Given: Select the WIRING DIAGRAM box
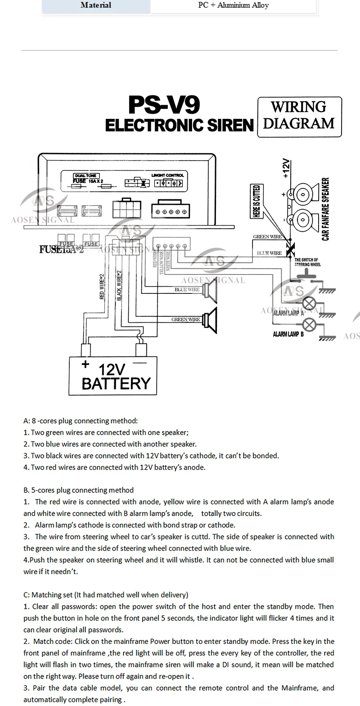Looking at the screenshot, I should [x=299, y=116].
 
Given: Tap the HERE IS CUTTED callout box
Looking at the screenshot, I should [x=256, y=201].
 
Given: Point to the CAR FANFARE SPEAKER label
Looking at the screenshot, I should [x=326, y=209].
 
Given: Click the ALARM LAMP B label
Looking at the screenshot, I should [x=288, y=334].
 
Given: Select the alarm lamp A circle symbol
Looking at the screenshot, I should [x=309, y=303].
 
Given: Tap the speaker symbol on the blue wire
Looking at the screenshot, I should [x=210, y=293].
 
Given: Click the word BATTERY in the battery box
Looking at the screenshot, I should [x=116, y=384].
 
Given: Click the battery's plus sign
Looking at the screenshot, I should [x=85, y=364].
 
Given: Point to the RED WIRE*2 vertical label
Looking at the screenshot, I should [x=102, y=287].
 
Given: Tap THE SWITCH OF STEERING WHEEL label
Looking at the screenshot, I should [x=306, y=262].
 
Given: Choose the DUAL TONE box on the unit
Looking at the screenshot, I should [x=85, y=175].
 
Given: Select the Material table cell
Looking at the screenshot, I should [x=96, y=5].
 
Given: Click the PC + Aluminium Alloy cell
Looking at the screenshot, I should [x=234, y=5].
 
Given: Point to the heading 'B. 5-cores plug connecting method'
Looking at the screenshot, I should [x=78, y=490].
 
